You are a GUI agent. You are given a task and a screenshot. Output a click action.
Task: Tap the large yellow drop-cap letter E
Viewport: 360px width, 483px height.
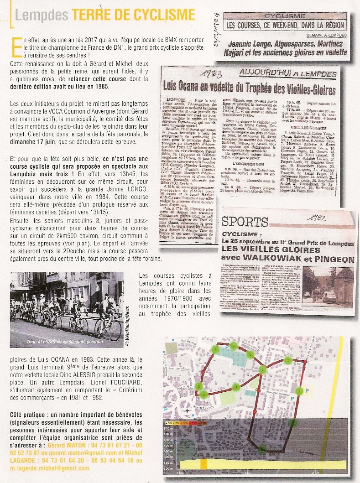[x=17, y=47]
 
